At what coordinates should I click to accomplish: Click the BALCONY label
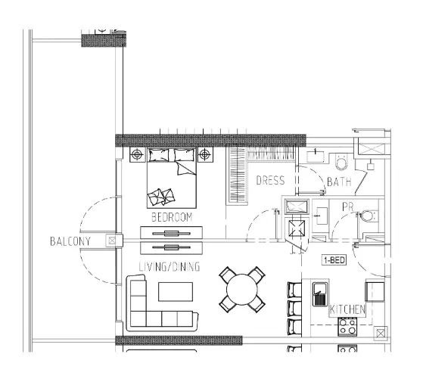pos(70,241)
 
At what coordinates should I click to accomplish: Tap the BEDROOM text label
pos(172,217)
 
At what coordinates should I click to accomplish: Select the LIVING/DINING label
pos(170,266)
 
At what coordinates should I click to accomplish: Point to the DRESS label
pos(270,180)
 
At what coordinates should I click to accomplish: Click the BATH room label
pos(339,182)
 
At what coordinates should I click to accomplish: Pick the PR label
pos(347,207)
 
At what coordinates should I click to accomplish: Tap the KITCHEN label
pos(347,309)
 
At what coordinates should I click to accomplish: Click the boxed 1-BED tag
pos(334,260)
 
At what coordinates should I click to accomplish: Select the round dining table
pos(242,290)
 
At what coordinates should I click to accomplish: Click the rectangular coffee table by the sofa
pos(176,292)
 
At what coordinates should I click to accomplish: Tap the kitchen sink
pos(320,294)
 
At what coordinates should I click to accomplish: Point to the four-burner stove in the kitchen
pos(348,327)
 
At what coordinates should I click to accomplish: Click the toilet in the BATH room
pos(341,162)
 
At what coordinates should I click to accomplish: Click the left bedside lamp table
pos(137,154)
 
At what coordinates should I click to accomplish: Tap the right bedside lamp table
pos(205,154)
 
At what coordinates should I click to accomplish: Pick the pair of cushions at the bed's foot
pos(161,197)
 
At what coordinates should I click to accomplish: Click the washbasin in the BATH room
pos(316,157)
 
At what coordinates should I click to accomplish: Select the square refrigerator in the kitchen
pos(375,292)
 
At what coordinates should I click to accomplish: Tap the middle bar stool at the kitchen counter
pos(294,308)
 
